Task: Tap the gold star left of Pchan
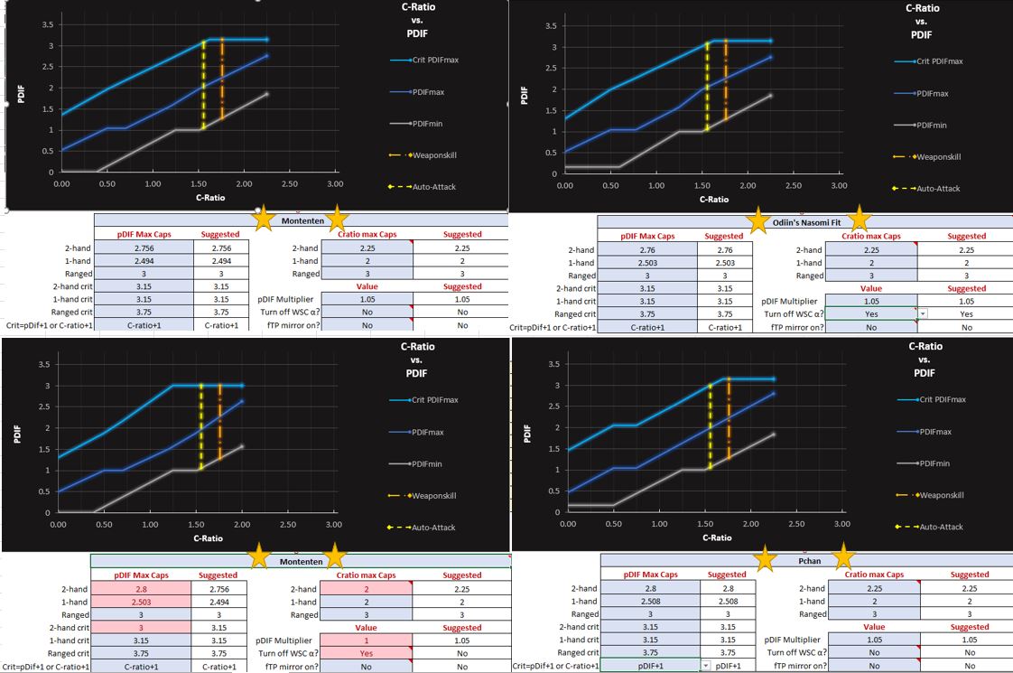[x=765, y=557]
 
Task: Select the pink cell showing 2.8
[x=143, y=588]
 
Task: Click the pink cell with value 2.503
[x=143, y=601]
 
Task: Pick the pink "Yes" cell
[x=366, y=653]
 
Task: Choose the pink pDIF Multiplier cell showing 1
[x=366, y=640]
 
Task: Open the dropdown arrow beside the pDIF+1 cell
[x=705, y=666]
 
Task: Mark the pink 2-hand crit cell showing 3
[x=143, y=627]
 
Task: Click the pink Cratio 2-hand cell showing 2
[x=366, y=588]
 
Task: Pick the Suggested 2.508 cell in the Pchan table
[x=727, y=601]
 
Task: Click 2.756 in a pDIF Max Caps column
[x=143, y=248]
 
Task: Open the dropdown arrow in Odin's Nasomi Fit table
[x=922, y=313]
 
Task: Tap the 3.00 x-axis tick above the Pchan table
[x=842, y=525]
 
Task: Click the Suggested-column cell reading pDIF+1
[x=727, y=666]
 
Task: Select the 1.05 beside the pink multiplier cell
[x=461, y=640]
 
